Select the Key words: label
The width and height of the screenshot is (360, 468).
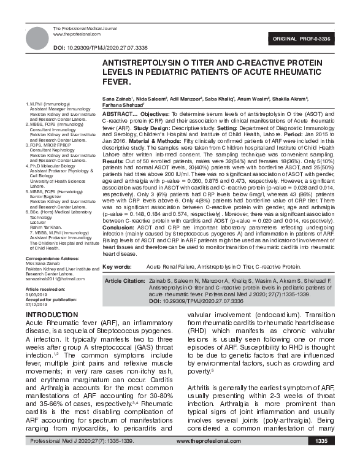point(117,284)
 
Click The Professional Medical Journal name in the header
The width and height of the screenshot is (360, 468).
point(84,29)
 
